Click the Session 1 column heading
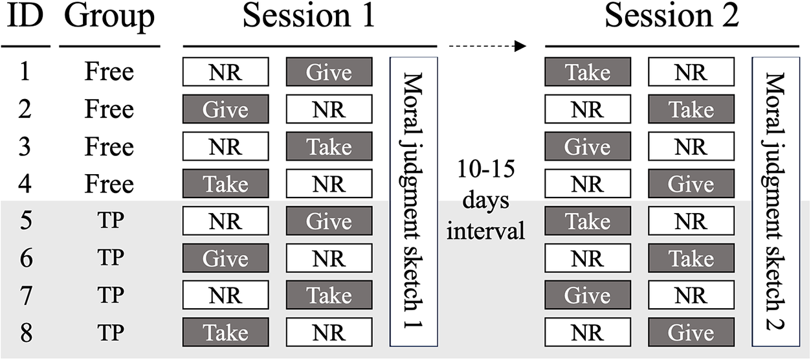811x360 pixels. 309,17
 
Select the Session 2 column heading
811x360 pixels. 672,17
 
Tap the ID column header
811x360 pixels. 25,17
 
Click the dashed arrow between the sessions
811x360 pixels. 486,46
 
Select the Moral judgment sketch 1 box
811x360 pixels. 414,201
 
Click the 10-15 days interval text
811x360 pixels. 485,201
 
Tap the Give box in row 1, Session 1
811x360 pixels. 329,72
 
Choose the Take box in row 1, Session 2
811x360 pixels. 588,72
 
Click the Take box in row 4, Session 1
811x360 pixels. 225,184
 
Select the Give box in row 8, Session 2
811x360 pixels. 691,333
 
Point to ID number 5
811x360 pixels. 25,221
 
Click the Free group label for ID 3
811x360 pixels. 109,146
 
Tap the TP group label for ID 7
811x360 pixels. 109,296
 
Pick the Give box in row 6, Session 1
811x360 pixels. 225,258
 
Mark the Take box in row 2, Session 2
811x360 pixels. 691,109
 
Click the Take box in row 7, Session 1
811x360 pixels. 329,296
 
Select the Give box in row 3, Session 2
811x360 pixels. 588,146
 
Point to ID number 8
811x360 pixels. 25,333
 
